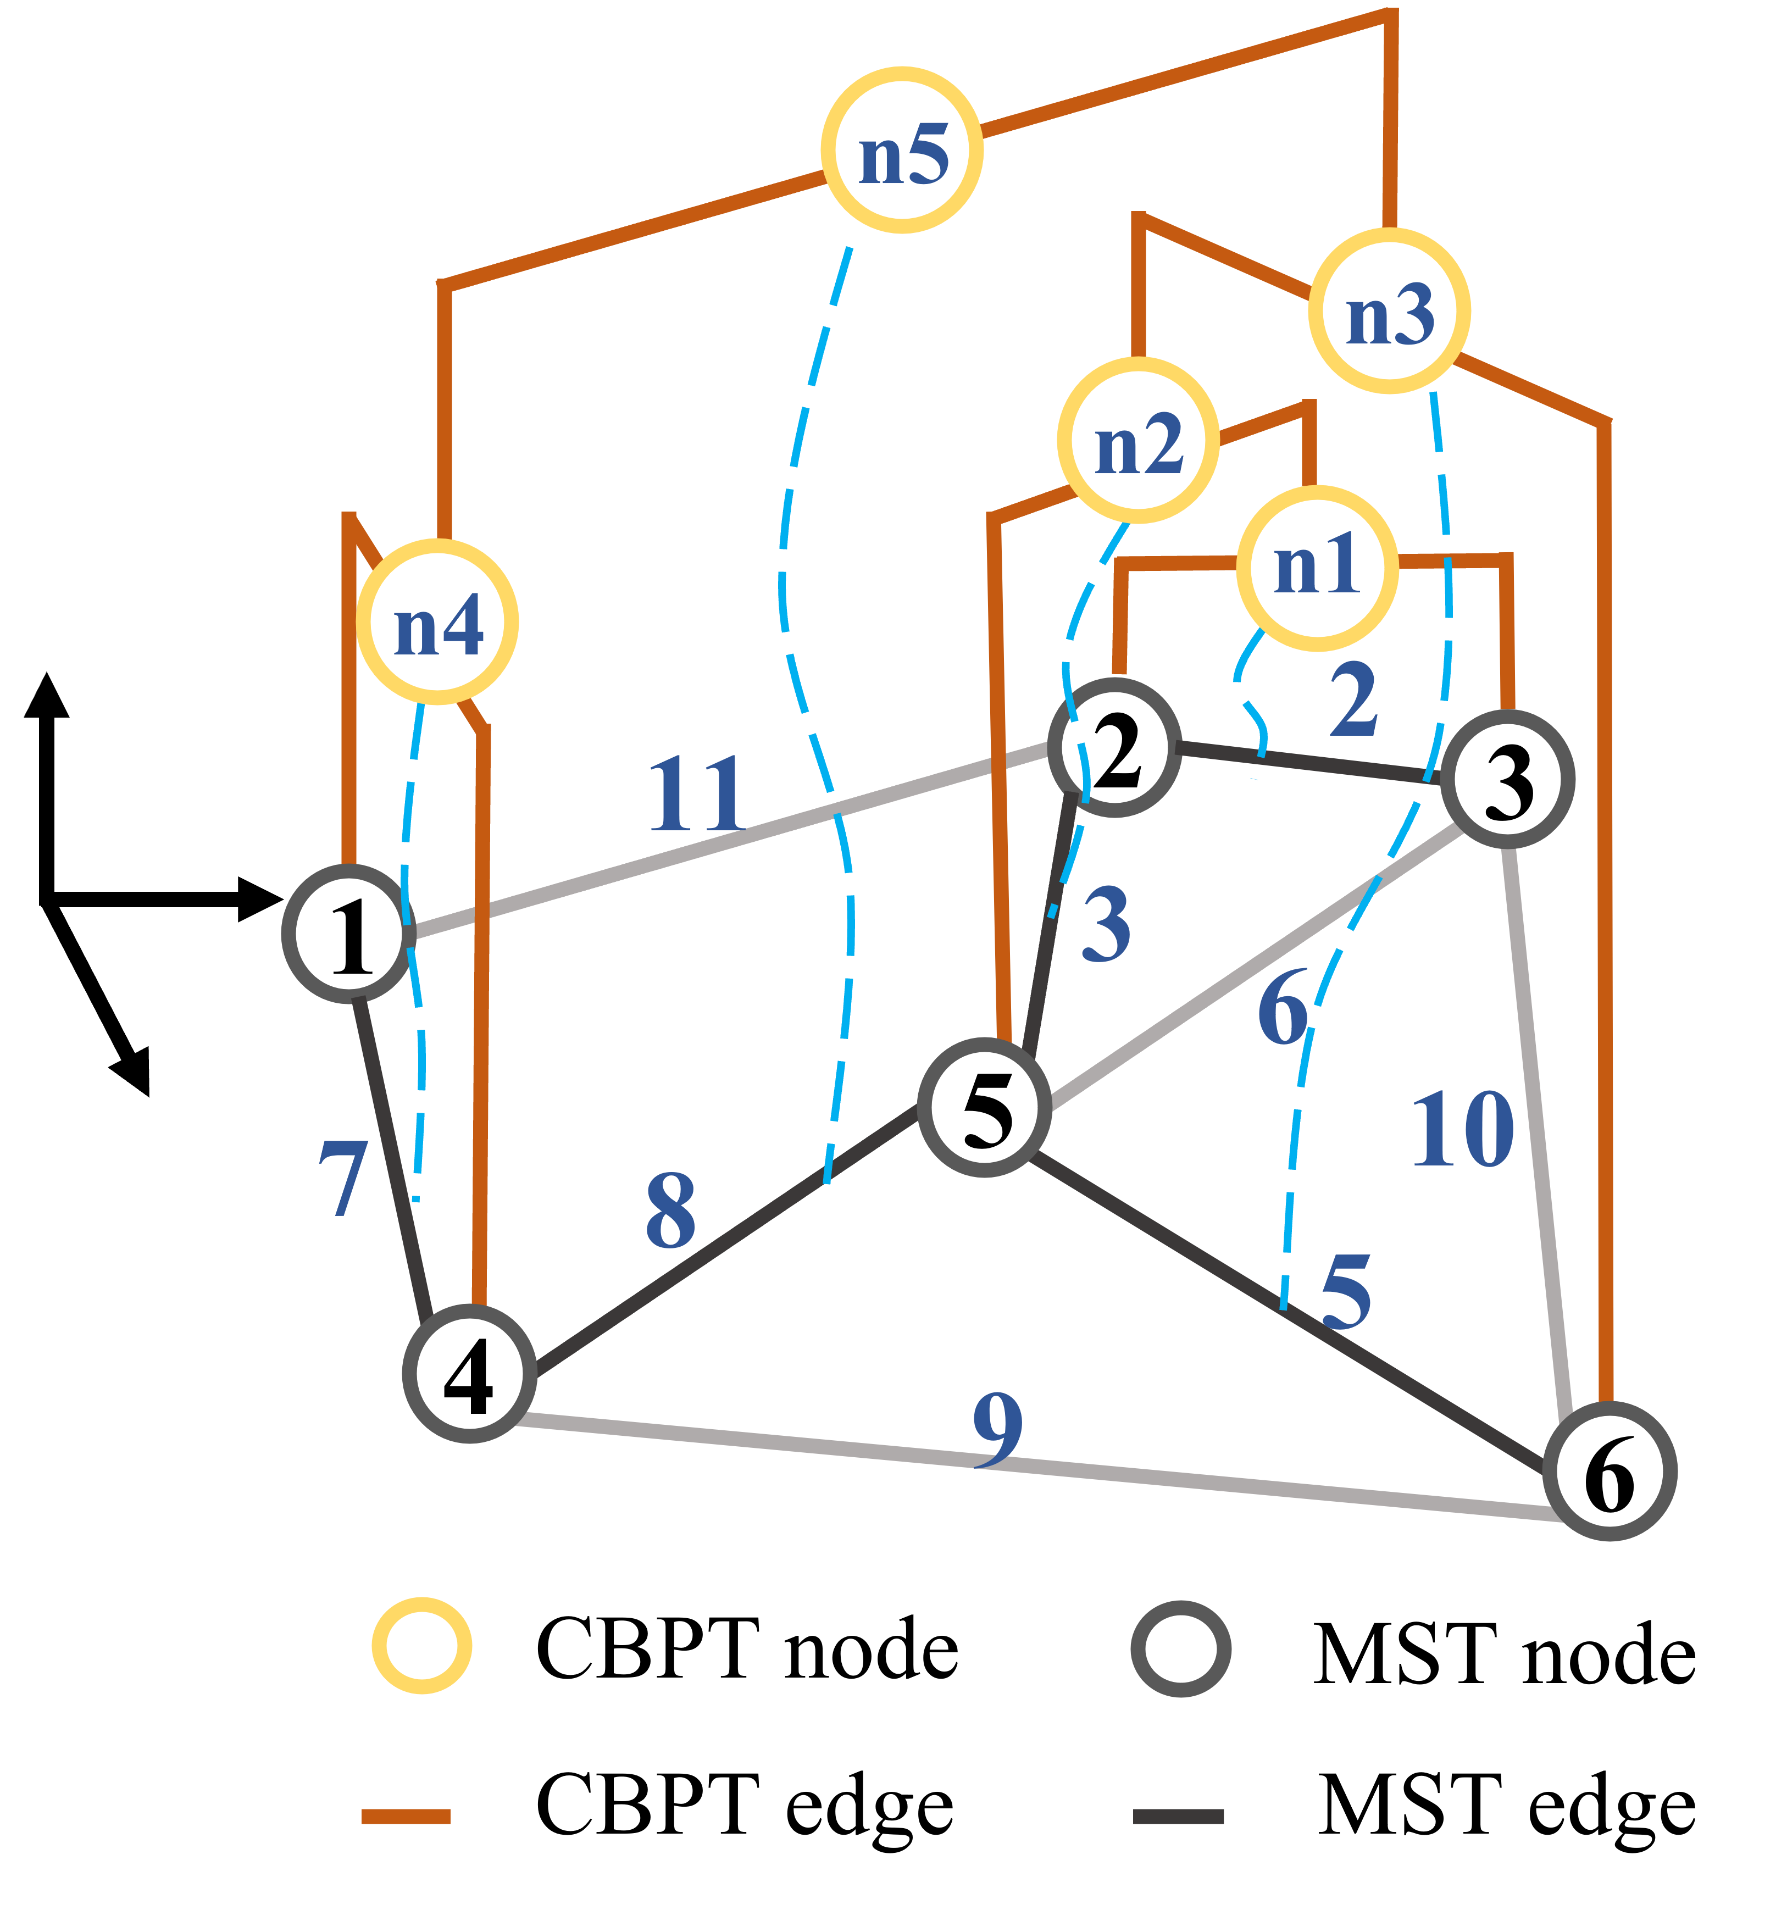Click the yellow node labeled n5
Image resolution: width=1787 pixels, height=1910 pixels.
pyautogui.click(x=902, y=150)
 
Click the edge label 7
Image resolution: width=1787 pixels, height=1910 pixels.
pyautogui.click(x=343, y=1179)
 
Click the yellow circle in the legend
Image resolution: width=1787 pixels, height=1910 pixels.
pyautogui.click(x=422, y=1646)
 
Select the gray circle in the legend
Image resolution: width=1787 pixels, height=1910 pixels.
pyautogui.click(x=1181, y=1648)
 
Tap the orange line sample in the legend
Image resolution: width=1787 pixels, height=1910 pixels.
pyautogui.click(x=406, y=1817)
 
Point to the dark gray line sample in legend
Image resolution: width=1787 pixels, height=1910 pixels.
pyautogui.click(x=1178, y=1817)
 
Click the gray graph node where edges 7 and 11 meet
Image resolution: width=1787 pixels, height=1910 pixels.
pyautogui.click(x=348, y=933)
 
